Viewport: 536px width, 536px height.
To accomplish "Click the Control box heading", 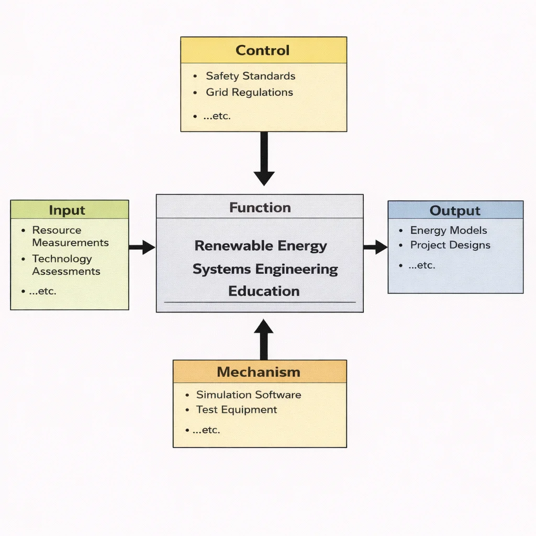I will (263, 51).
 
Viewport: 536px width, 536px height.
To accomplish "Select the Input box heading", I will (67, 210).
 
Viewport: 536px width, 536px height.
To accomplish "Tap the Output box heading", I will (455, 211).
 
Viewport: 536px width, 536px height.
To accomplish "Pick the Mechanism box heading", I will (259, 372).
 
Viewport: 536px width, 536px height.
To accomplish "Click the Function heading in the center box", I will (260, 208).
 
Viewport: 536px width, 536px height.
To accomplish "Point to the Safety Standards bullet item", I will (250, 76).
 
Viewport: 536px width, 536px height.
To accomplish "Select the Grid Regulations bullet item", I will (249, 93).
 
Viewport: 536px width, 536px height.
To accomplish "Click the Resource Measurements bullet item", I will (70, 236).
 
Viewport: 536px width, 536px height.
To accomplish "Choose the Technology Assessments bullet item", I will (65, 265).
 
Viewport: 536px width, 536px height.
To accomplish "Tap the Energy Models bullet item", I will (448, 230).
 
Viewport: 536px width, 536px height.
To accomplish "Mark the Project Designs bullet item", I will (450, 245).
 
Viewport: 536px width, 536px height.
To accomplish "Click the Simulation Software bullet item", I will (248, 395).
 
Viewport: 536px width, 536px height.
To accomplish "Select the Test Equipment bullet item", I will (236, 410).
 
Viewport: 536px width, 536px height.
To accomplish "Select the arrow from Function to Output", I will (375, 247).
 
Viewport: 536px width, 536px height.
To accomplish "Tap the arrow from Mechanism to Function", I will (264, 340).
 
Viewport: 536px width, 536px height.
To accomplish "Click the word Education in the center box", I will (264, 292).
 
